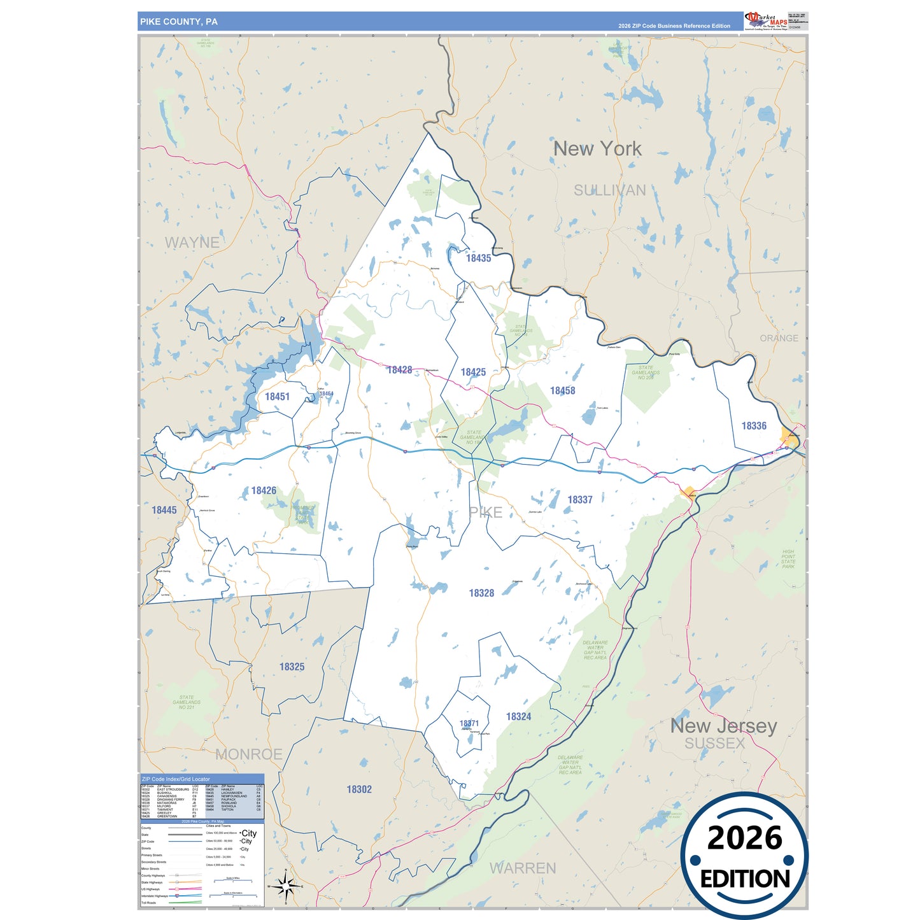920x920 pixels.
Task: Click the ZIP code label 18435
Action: tap(478, 258)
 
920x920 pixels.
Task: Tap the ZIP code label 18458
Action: tap(562, 390)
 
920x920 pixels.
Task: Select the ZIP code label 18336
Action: tap(754, 425)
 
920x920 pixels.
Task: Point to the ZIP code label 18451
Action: tap(277, 396)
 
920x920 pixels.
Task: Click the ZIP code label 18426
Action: tap(264, 490)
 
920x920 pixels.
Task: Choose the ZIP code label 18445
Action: tap(164, 509)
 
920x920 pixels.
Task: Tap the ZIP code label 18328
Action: tap(481, 593)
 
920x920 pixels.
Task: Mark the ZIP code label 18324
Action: tap(518, 716)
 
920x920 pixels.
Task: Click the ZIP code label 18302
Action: tap(359, 789)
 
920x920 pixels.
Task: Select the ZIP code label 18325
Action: tap(292, 667)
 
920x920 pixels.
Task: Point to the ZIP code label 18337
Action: tap(579, 500)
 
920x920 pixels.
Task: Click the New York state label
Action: tap(597, 148)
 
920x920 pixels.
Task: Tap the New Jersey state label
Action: tap(723, 725)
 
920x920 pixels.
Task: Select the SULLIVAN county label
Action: tap(609, 190)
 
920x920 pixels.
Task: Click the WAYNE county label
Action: tap(192, 242)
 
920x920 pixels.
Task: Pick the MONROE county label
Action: tap(248, 754)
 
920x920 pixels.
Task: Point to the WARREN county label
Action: tap(522, 868)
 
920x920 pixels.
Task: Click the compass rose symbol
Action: tap(286, 886)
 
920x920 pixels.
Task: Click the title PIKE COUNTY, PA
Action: tap(179, 22)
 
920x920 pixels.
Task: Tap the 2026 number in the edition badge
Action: tap(744, 838)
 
